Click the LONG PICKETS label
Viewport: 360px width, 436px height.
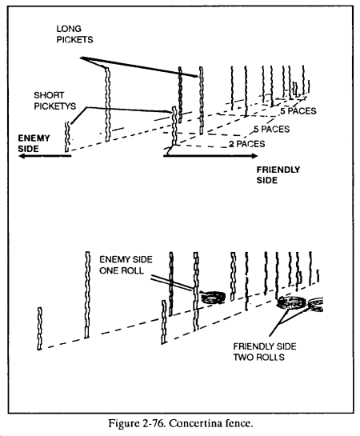tap(74, 34)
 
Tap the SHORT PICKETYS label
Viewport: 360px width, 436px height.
tap(54, 101)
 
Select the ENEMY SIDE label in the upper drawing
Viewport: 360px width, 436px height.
tap(34, 143)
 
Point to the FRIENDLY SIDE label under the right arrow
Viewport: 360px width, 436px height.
tap(278, 175)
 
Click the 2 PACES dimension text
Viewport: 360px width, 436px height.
tap(247, 144)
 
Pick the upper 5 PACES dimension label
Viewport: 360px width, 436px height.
tap(298, 111)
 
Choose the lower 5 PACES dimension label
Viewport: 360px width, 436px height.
tap(271, 129)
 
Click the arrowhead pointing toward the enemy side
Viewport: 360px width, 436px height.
tap(22, 156)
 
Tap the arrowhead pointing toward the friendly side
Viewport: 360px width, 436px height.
tap(254, 156)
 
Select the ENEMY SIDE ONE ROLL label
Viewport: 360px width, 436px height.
tap(126, 265)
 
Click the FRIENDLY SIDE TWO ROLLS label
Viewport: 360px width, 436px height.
tap(265, 351)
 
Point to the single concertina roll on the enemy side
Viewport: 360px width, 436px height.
tap(214, 297)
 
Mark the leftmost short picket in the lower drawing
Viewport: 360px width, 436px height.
tap(40, 328)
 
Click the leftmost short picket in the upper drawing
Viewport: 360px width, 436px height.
tap(67, 137)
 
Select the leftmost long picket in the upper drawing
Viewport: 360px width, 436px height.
tap(107, 104)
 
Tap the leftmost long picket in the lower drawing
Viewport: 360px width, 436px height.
tap(87, 294)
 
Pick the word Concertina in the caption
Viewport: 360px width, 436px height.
tap(196, 424)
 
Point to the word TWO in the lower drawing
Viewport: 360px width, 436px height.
tap(242, 357)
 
